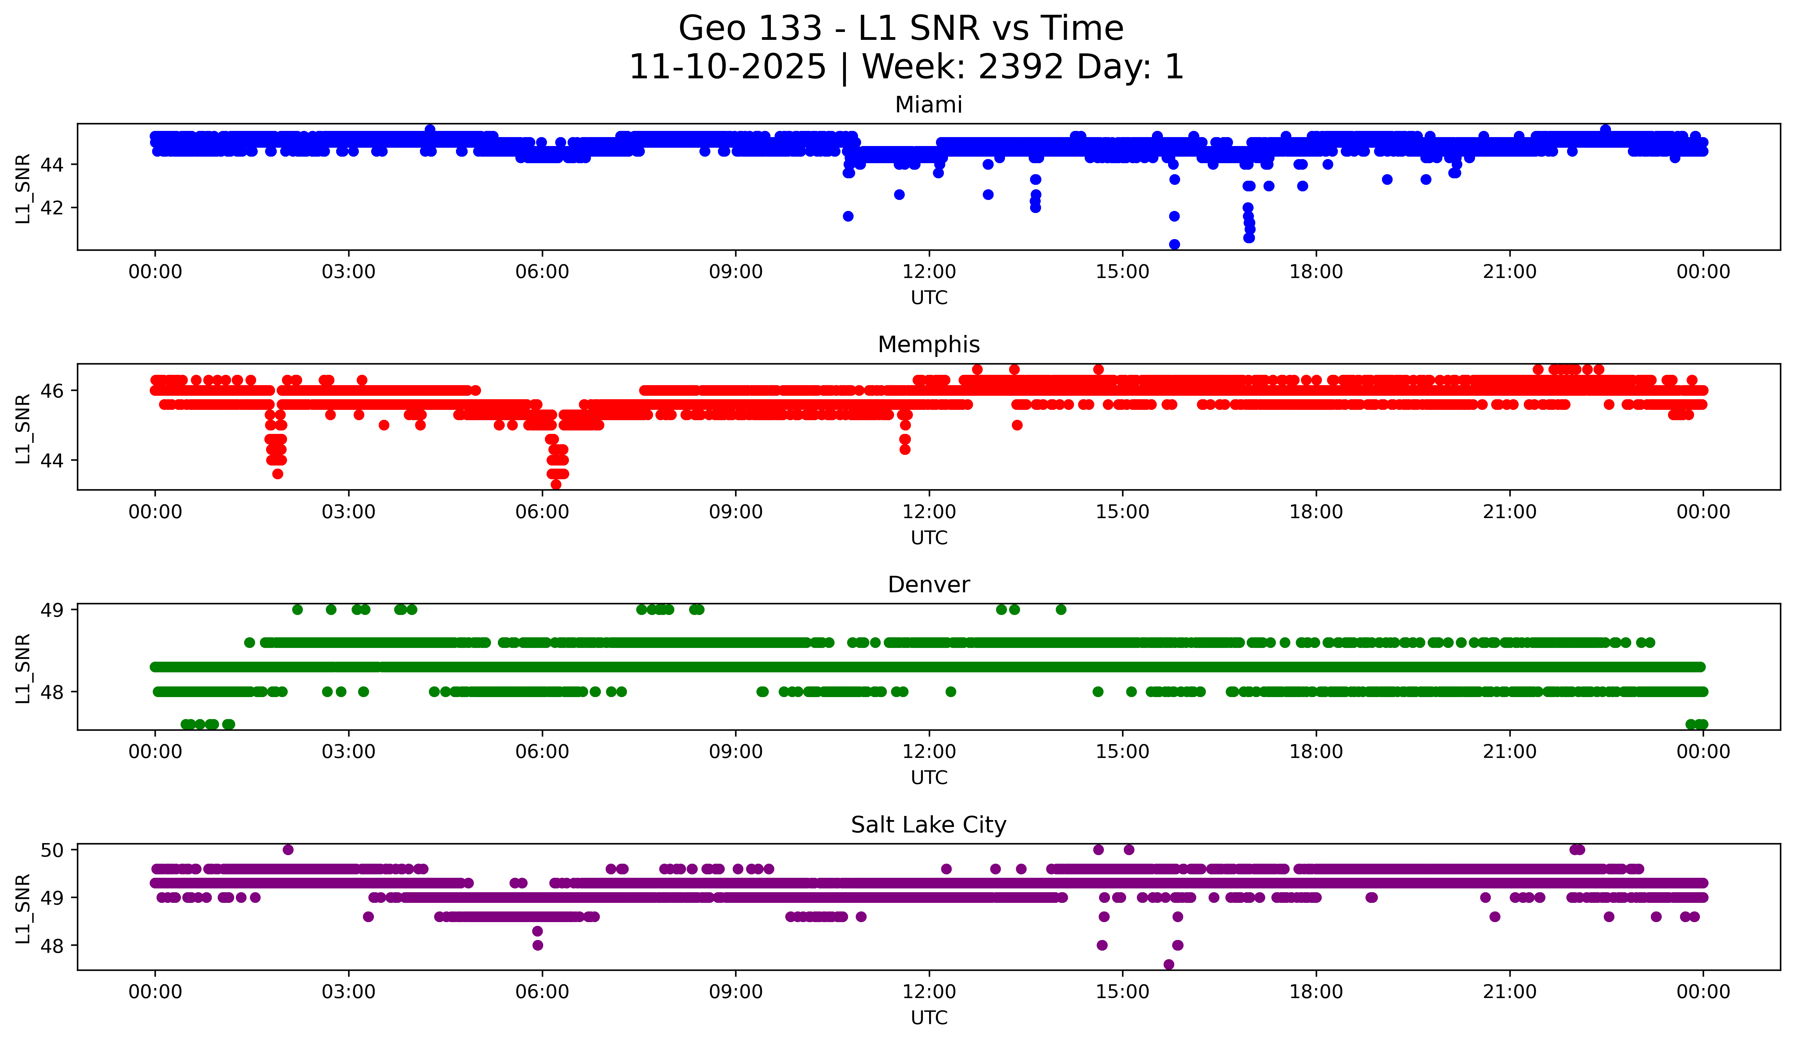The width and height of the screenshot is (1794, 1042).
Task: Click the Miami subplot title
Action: [928, 105]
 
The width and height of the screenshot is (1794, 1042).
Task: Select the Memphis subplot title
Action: [928, 345]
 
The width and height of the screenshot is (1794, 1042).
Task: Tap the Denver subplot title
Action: [928, 585]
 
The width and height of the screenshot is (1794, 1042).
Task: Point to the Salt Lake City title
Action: [928, 825]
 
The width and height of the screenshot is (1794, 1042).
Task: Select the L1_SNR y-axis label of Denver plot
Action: [23, 668]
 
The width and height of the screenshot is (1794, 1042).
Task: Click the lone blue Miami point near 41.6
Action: [848, 216]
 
